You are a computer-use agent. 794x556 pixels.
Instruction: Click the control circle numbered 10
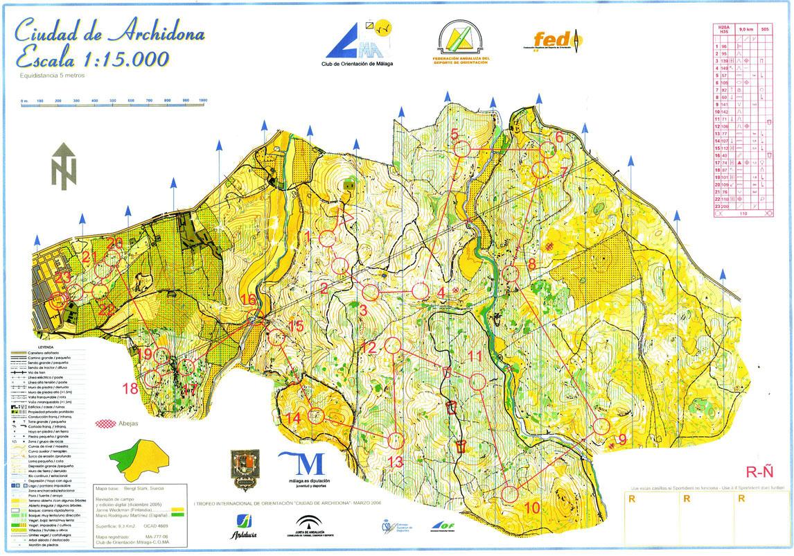(509, 494)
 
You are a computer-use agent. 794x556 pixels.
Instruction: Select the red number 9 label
(622, 438)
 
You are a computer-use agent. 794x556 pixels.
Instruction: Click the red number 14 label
(294, 419)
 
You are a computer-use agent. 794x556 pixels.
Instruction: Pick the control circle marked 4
(420, 291)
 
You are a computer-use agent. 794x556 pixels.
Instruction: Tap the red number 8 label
(532, 263)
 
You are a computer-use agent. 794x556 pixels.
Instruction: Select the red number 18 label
(130, 388)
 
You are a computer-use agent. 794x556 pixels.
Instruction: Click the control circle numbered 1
(328, 238)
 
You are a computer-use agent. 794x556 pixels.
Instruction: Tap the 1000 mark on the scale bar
(203, 101)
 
